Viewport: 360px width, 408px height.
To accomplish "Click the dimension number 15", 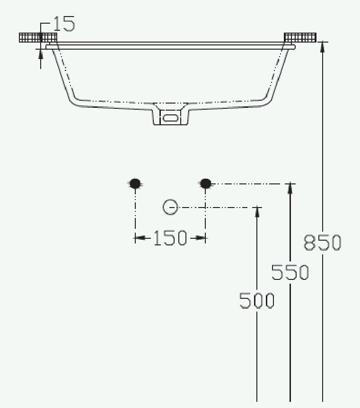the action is [64, 24].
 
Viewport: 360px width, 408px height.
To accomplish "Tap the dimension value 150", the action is [170, 238].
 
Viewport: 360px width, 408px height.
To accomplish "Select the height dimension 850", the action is [323, 243].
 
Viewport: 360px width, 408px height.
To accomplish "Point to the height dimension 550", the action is [290, 272].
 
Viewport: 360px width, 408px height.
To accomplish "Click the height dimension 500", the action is [257, 301].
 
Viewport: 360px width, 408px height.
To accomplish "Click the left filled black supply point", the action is [135, 183].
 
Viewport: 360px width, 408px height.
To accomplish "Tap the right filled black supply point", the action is [206, 183].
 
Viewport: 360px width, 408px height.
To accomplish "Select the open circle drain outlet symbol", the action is [170, 208].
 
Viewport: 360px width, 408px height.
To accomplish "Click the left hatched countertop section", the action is [38, 37].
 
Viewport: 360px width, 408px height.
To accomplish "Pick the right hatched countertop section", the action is [300, 37].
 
